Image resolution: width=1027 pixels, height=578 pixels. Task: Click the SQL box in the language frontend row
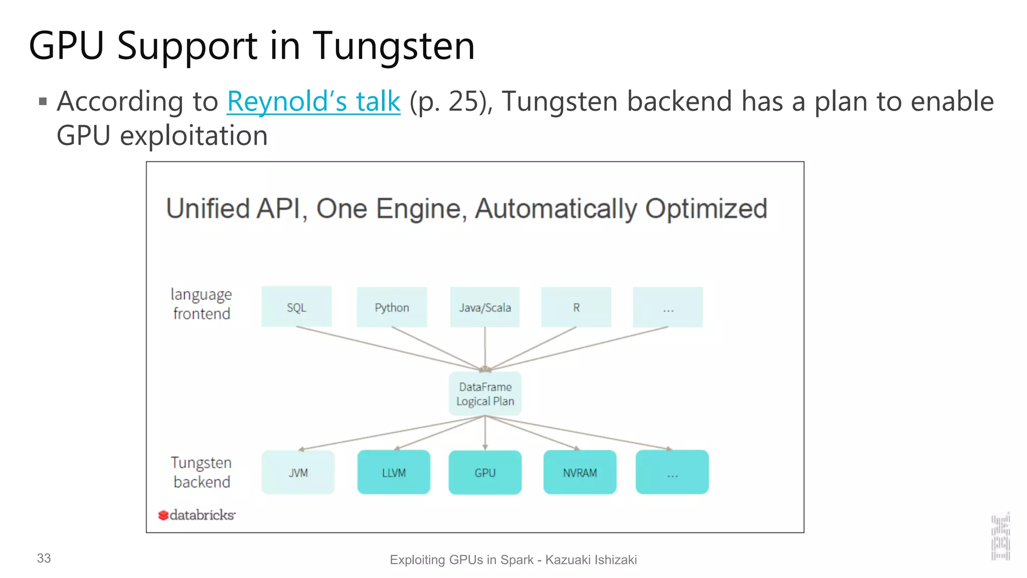coord(296,307)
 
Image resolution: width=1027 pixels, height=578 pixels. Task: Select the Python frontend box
coord(392,307)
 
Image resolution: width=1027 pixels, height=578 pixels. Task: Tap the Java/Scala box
coord(484,307)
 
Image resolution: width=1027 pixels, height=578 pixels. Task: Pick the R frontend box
coord(576,307)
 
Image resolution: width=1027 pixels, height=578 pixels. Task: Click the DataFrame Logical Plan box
coord(485,394)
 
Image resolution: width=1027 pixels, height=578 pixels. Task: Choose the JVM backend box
coord(298,472)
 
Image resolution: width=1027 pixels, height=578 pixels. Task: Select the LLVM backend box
coord(394,472)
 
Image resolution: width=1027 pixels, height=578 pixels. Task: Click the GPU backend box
coord(485,472)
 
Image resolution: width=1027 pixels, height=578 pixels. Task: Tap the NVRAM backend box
coord(580,472)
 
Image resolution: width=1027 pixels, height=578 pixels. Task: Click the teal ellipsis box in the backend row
coord(672,472)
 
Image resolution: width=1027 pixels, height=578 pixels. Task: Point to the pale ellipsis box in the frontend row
coord(667,307)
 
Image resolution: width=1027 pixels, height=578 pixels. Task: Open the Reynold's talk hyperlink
coord(313,102)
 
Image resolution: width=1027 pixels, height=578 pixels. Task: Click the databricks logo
coord(197,515)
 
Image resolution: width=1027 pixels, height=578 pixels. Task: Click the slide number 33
coord(44,558)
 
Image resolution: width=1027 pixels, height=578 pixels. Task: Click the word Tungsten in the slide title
coord(394,46)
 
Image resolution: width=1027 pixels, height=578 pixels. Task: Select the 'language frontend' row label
coord(202,304)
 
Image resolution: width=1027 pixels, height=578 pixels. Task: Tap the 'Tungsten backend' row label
coord(202,472)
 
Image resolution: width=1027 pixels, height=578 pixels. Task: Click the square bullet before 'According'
coord(43,102)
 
